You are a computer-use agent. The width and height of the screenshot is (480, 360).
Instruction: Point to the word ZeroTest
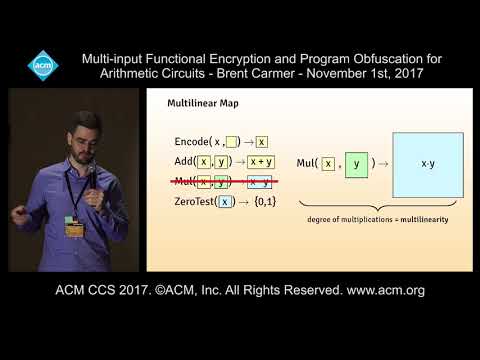192,201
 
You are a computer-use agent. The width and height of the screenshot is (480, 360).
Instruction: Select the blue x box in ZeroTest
226,201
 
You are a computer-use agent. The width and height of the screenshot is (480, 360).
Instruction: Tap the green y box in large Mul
357,163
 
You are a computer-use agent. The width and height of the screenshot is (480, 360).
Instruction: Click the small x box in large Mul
328,163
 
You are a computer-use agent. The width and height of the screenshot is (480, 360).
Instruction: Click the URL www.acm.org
386,291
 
